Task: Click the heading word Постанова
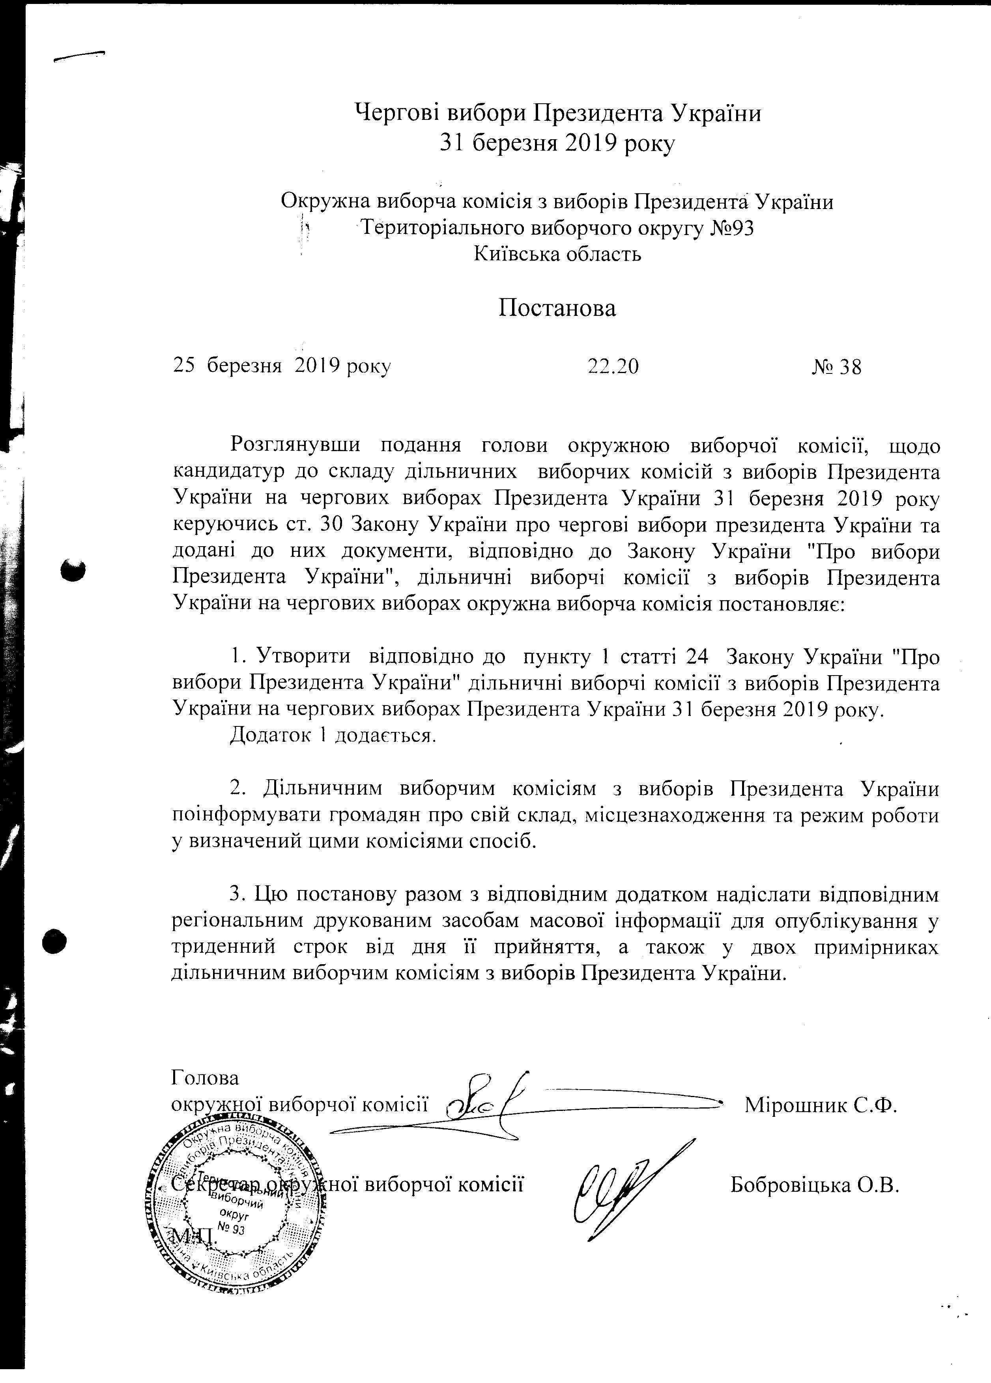point(557,308)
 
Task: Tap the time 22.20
point(613,366)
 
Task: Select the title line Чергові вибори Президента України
point(557,114)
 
